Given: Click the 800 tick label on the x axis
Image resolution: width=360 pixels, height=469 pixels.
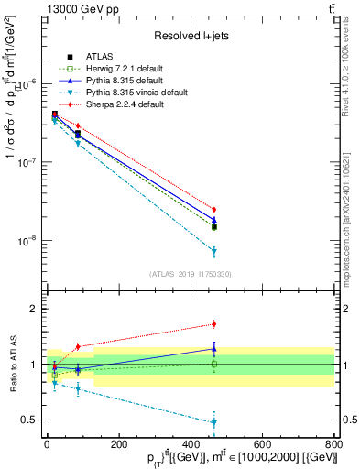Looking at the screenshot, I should (x=333, y=443).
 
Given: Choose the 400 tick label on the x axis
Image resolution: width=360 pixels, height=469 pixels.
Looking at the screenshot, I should (x=190, y=443).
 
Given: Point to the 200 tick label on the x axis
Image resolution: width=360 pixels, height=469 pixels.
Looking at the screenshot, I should (x=118, y=443).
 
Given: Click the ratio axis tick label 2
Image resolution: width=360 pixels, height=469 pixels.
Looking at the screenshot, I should (x=34, y=309).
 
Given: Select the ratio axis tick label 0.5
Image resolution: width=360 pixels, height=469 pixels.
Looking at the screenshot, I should (x=30, y=420).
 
